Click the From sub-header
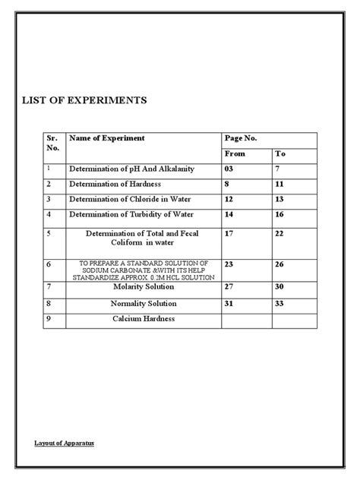[x=236, y=153]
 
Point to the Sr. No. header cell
[x=52, y=144]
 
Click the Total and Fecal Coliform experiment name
[x=144, y=238]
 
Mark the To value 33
[x=280, y=302]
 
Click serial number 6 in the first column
[x=49, y=265]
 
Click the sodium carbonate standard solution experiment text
[x=143, y=270]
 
